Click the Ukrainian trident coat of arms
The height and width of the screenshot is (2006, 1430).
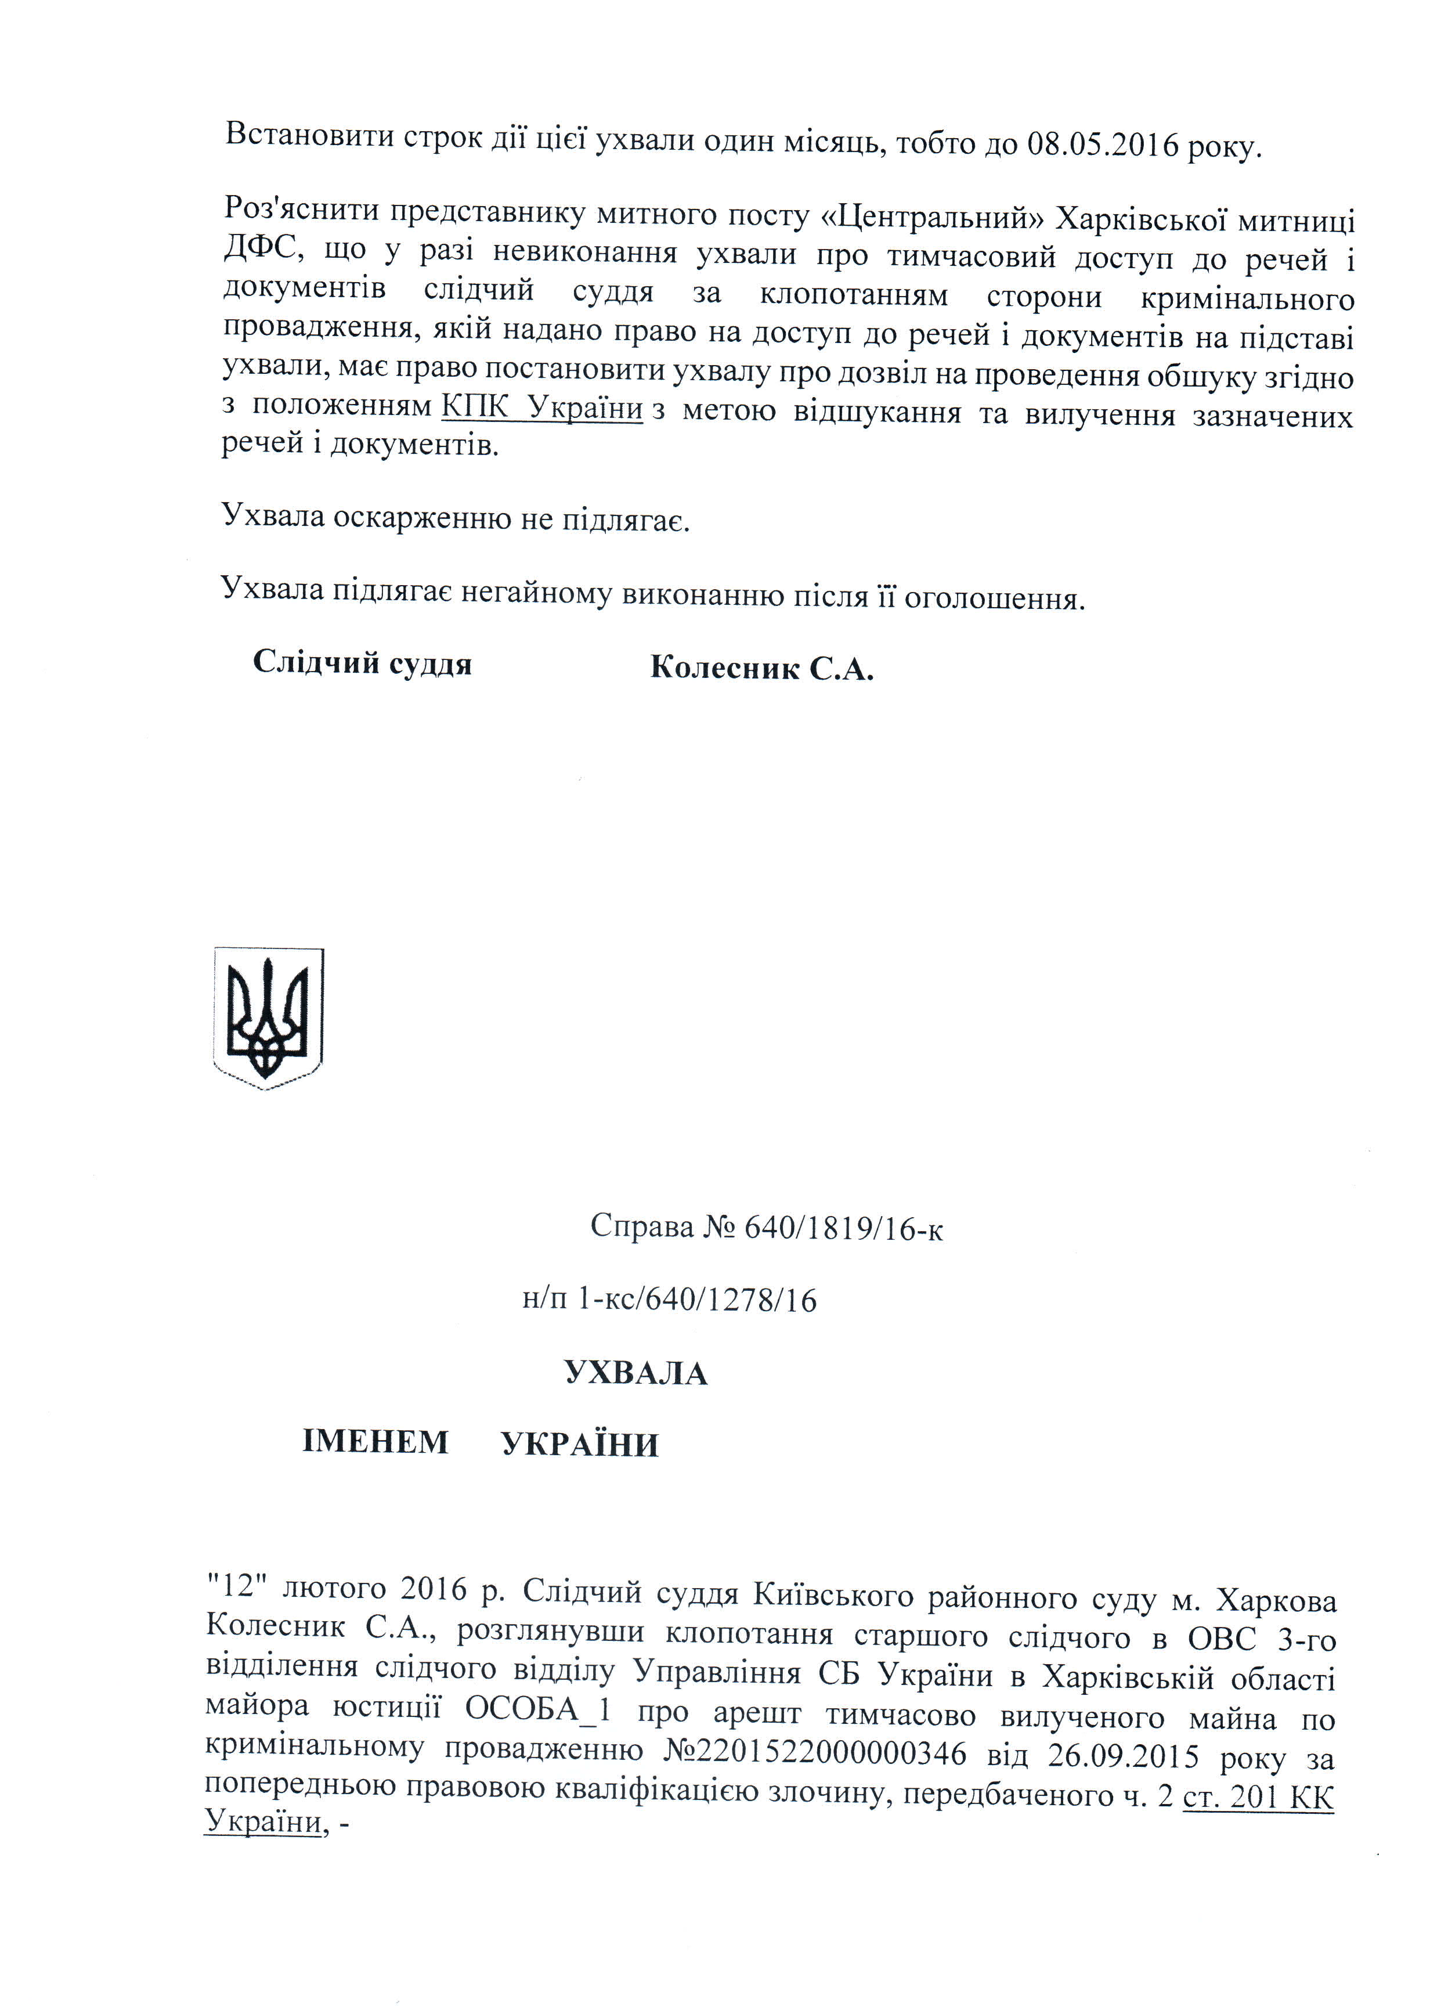(x=269, y=1018)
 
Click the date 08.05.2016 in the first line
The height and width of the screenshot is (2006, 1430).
(x=1103, y=143)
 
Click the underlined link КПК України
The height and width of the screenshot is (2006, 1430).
(x=541, y=407)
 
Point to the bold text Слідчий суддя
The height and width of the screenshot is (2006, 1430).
(x=362, y=663)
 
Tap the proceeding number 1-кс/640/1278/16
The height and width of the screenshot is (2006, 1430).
(x=696, y=1300)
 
